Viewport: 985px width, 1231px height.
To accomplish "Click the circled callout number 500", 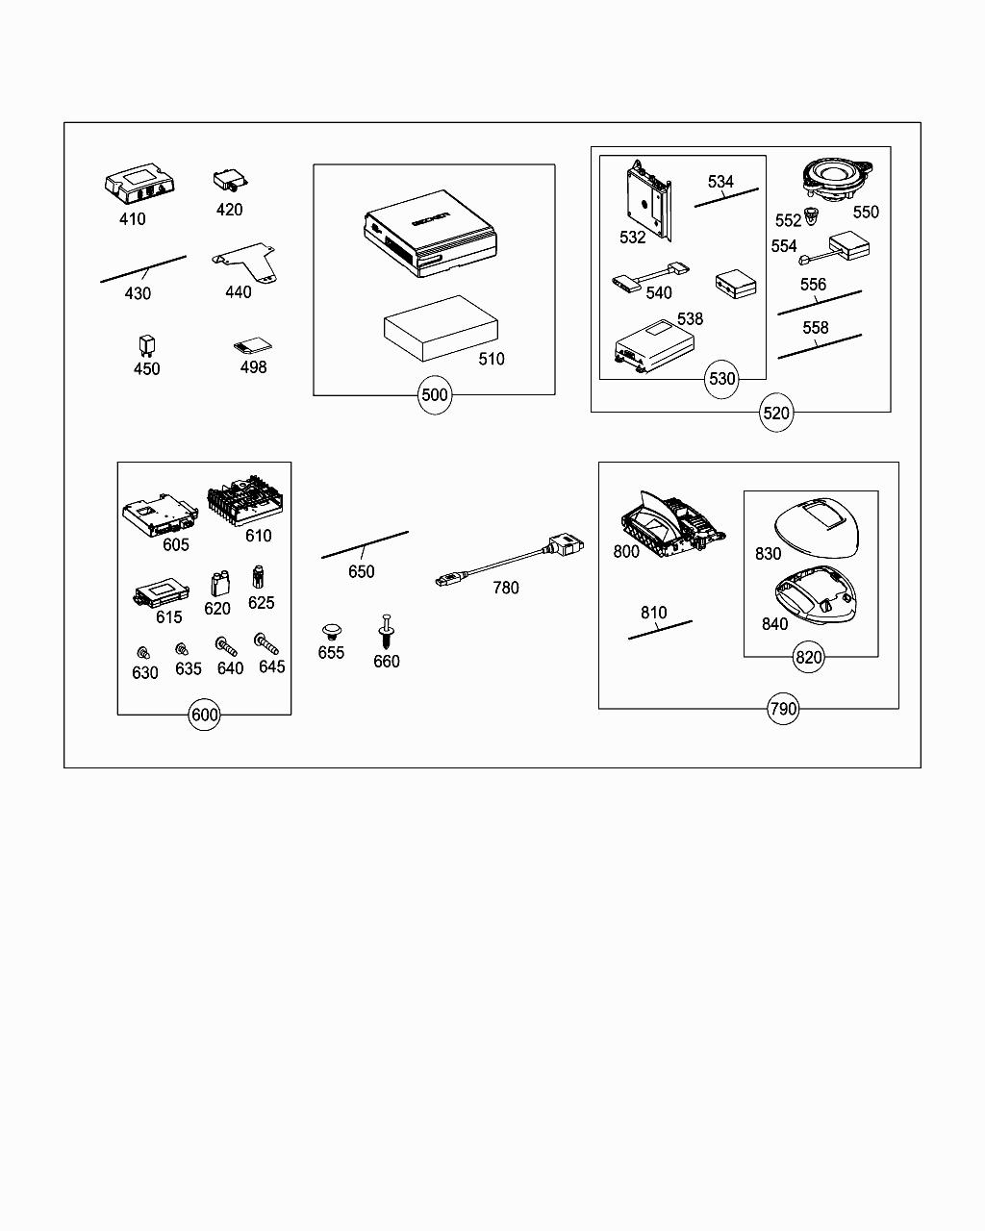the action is coord(435,395).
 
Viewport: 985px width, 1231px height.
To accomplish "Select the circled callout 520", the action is coord(775,414).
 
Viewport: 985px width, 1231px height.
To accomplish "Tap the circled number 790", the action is coord(783,710).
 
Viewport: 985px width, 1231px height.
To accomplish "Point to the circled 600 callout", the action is coord(205,715).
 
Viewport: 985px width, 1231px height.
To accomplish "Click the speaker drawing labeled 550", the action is coord(835,178).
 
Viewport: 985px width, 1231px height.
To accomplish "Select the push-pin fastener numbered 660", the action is coord(387,631).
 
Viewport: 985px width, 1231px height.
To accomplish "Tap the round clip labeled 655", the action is coord(332,631).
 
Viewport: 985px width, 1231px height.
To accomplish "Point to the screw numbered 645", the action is coord(265,643).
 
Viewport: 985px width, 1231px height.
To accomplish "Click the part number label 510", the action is coord(491,360).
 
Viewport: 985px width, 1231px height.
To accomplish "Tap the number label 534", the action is coord(720,182).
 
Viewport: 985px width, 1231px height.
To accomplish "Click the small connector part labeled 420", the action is coord(229,180).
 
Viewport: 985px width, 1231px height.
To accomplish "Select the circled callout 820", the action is coord(808,658).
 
